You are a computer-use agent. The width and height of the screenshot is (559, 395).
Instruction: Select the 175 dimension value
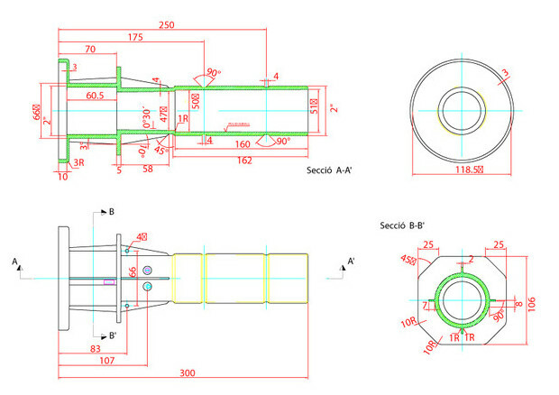click(134, 37)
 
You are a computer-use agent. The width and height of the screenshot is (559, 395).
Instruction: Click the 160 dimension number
click(242, 144)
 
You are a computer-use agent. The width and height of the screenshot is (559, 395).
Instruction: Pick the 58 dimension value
click(148, 169)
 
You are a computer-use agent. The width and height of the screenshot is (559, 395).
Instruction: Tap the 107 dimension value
click(106, 361)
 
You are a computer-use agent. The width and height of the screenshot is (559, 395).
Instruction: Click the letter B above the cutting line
click(111, 213)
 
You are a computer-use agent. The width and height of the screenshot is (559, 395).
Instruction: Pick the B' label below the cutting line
click(112, 336)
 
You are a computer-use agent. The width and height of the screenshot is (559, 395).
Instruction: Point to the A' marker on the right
click(351, 262)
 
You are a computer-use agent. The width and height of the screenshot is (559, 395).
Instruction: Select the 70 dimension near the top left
click(90, 49)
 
